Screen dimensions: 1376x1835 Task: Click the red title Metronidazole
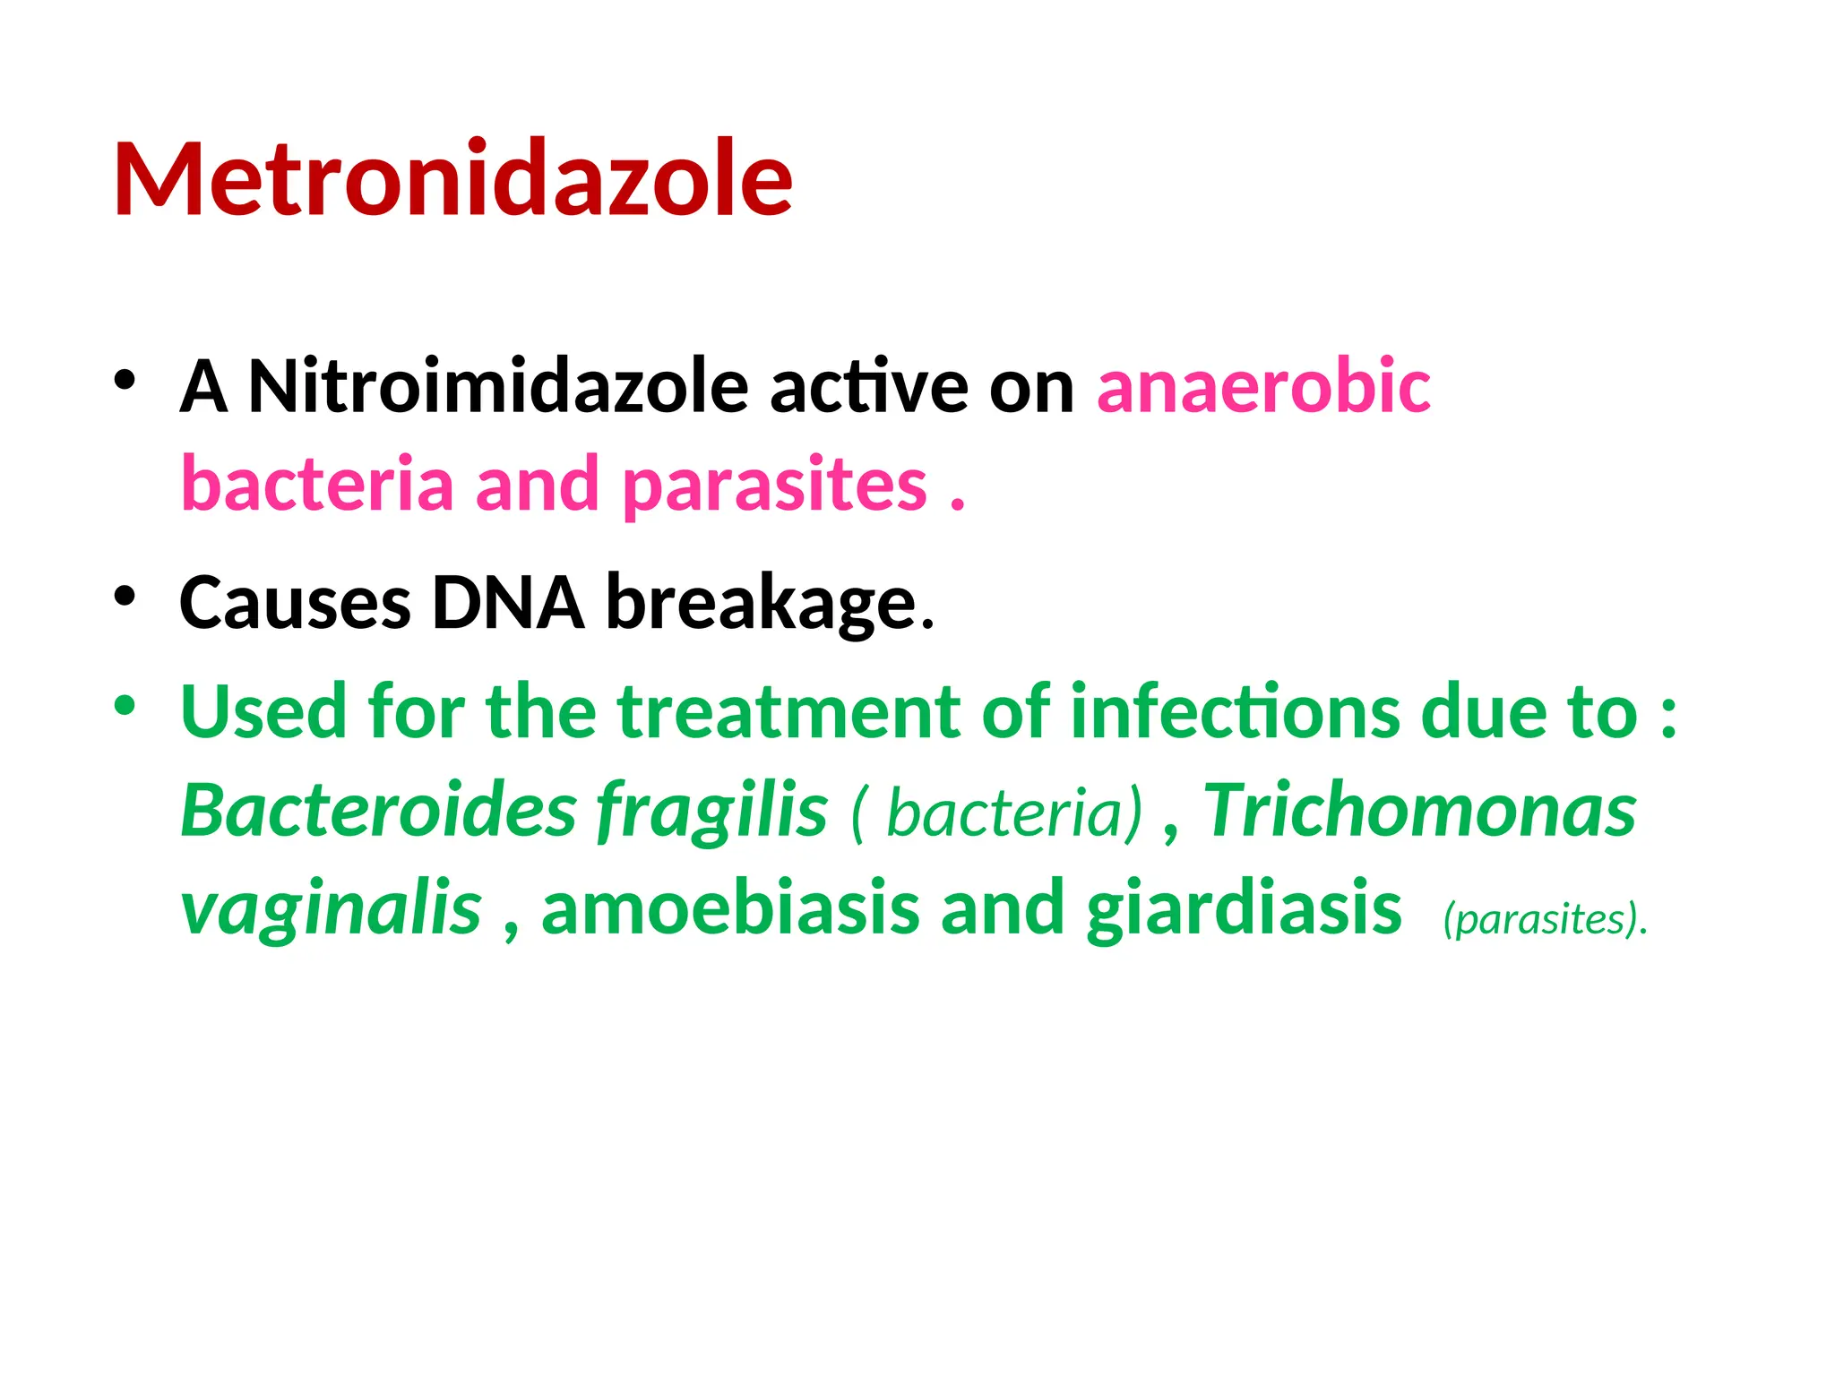pyautogui.click(x=452, y=179)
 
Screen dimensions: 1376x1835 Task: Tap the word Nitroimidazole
pyautogui.click(x=497, y=387)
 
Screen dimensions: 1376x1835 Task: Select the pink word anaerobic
pyautogui.click(x=1263, y=387)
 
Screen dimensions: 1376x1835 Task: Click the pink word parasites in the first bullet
pyautogui.click(x=774, y=486)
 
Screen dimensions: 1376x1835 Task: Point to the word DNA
pyautogui.click(x=507, y=603)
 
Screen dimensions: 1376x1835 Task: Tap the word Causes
pyautogui.click(x=295, y=603)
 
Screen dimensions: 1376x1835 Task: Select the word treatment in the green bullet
pyautogui.click(x=788, y=712)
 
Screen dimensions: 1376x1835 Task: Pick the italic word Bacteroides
pyautogui.click(x=379, y=811)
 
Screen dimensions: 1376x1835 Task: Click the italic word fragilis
pyautogui.click(x=712, y=811)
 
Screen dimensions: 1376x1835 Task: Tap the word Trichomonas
pyautogui.click(x=1419, y=811)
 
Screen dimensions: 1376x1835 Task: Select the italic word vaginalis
pyautogui.click(x=331, y=909)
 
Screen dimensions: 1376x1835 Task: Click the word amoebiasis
pyautogui.click(x=730, y=909)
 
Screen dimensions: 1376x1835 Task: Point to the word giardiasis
pyautogui.click(x=1244, y=909)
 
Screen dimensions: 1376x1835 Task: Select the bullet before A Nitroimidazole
pyautogui.click(x=125, y=379)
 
